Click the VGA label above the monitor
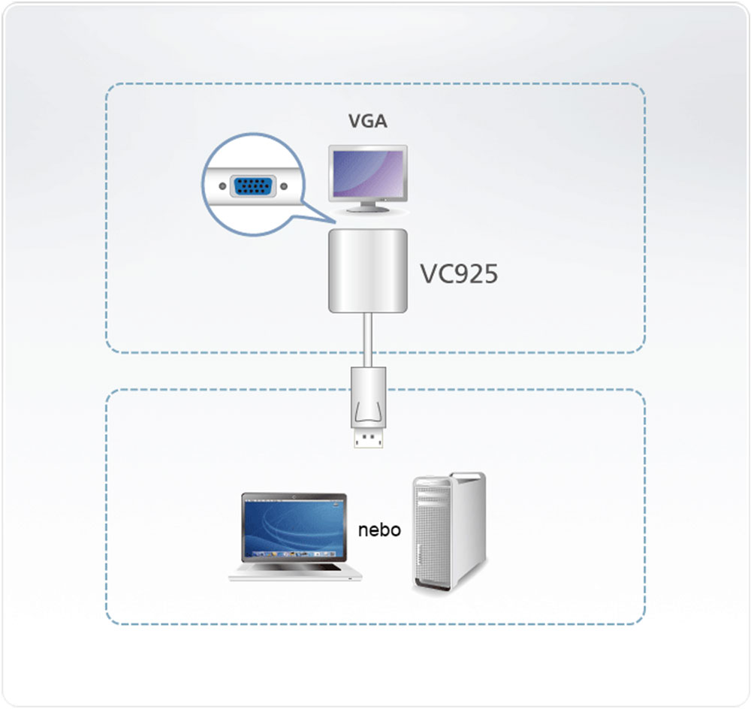pyautogui.click(x=367, y=121)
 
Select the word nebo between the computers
pyautogui.click(x=379, y=530)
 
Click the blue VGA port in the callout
pyautogui.click(x=252, y=186)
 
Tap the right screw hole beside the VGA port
pyautogui.click(x=282, y=186)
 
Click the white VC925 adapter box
pyautogui.click(x=368, y=271)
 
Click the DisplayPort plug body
pyautogui.click(x=368, y=398)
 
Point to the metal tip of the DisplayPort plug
pyautogui.click(x=368, y=439)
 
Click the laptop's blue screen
pyautogui.click(x=294, y=529)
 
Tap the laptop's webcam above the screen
pyautogui.click(x=294, y=496)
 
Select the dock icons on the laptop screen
pyautogui.click(x=294, y=555)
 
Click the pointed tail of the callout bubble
pyautogui.click(x=323, y=217)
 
